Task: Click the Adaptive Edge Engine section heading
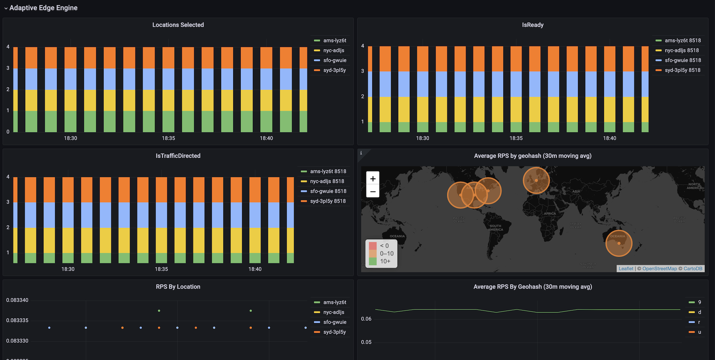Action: [43, 8]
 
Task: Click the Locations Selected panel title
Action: [178, 25]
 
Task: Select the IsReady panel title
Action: [533, 25]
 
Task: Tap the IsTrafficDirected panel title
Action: [178, 156]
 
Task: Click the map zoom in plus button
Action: [373, 179]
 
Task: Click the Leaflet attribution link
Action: [626, 269]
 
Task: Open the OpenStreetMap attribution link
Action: [659, 269]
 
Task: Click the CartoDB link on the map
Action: [693, 269]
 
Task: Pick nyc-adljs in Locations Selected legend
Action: [334, 50]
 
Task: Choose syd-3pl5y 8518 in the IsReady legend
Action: [682, 70]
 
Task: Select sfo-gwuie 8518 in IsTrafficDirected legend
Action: [328, 191]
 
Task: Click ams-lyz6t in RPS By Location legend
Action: [334, 302]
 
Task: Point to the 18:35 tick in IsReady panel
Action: [516, 138]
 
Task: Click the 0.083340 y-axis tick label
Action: [17, 300]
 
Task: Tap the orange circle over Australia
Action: [619, 243]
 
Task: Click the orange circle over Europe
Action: [536, 180]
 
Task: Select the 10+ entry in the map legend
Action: [385, 261]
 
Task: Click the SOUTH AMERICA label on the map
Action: [495, 228]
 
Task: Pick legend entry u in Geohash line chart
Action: [700, 332]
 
